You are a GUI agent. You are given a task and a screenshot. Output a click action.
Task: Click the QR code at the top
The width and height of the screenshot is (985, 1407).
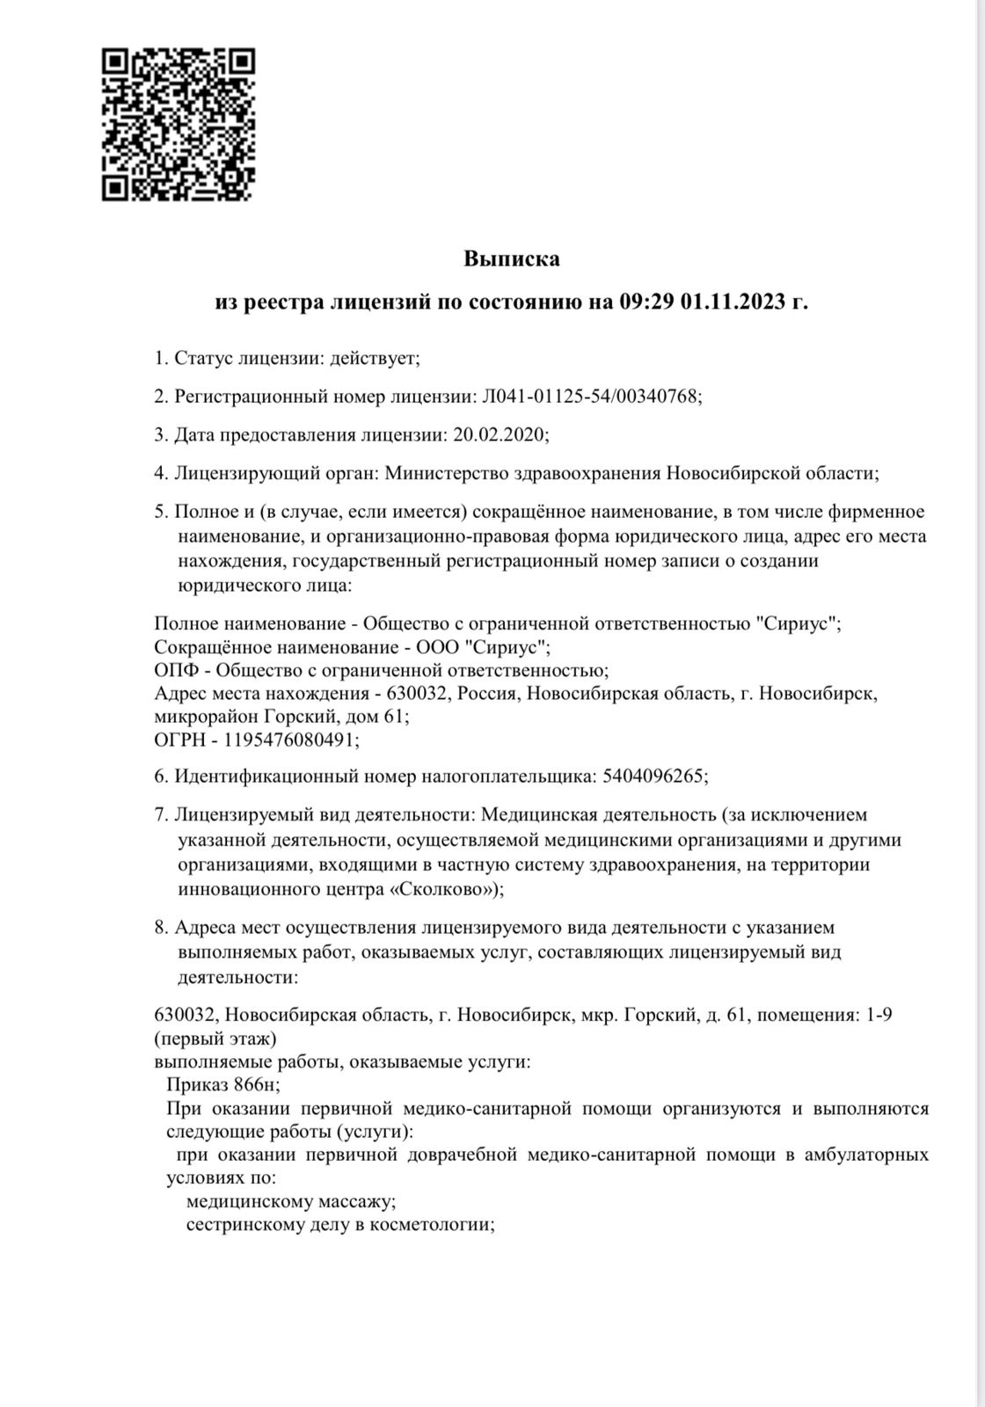coord(179,124)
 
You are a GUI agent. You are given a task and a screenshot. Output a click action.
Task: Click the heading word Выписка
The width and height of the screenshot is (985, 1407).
coord(511,259)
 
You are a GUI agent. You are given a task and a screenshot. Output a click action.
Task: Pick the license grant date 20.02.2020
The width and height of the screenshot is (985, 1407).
coord(499,434)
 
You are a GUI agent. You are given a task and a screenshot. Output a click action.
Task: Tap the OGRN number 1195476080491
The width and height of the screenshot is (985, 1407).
coord(291,740)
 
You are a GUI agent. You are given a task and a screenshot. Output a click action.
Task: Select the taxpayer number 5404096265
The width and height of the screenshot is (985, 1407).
coord(653,776)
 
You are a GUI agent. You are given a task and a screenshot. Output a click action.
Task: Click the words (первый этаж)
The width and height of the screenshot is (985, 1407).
coord(215,1038)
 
